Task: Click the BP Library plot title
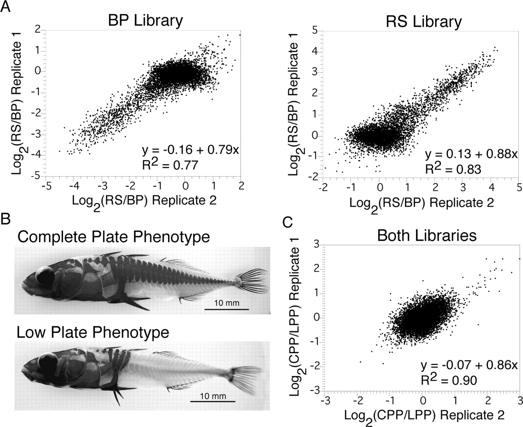click(145, 21)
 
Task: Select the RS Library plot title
click(423, 22)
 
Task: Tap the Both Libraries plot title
click(427, 235)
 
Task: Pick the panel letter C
click(288, 222)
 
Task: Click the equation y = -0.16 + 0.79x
click(190, 150)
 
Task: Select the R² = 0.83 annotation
click(453, 169)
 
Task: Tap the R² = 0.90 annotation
click(449, 380)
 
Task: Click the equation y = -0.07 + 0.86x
click(469, 365)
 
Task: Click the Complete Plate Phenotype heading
click(113, 237)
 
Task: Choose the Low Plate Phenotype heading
click(93, 332)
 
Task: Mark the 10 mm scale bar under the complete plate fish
click(227, 309)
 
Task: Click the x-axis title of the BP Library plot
click(144, 201)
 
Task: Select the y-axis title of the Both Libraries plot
click(296, 318)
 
